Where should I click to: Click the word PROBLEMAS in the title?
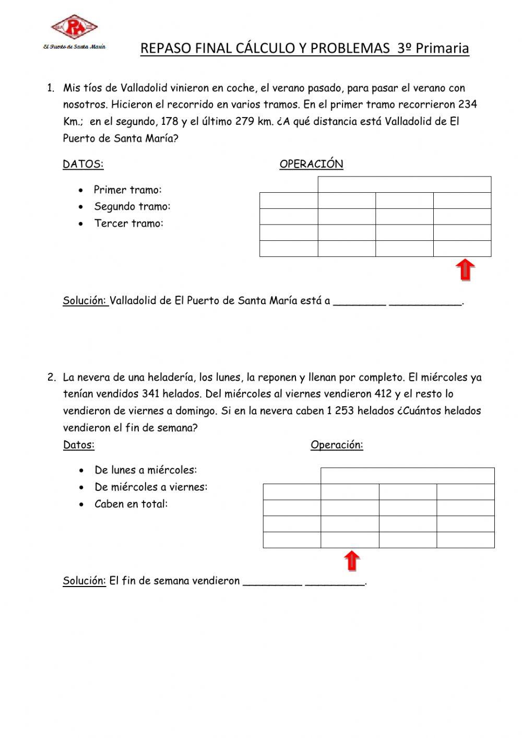tap(351, 49)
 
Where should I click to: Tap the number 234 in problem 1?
tap(467, 104)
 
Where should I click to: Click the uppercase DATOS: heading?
tap(83, 164)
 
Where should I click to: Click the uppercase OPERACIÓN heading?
tap(311, 164)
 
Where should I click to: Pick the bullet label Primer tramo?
tap(128, 190)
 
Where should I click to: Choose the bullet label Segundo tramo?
tap(132, 206)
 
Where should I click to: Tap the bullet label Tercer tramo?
tap(129, 224)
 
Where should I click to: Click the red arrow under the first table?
tap(465, 271)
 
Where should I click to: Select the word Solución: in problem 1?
tap(85, 301)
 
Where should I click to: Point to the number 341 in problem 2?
tap(150, 394)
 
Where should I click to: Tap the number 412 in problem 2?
tap(383, 394)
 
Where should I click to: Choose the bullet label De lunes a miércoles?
tap(146, 470)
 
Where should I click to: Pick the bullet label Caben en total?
tap(131, 504)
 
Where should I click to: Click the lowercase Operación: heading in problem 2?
tap(337, 445)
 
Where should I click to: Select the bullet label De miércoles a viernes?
tap(151, 487)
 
